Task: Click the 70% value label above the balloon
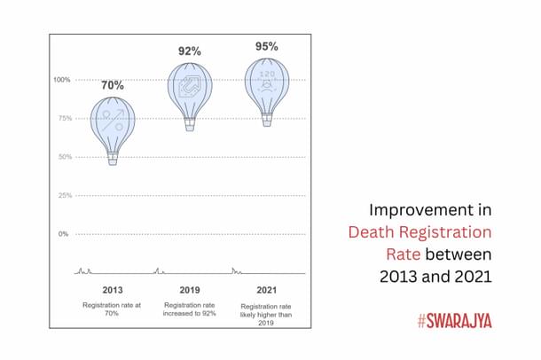[112, 86]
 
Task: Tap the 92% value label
[190, 51]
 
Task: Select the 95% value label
[267, 46]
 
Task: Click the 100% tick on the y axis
[61, 80]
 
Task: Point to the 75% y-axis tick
[63, 119]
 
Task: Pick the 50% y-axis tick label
[63, 157]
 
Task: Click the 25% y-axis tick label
[63, 195]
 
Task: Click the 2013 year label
[113, 290]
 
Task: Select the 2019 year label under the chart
[190, 290]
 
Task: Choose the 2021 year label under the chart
[267, 290]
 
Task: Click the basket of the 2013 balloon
[113, 159]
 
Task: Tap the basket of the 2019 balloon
[190, 125]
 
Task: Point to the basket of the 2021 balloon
[267, 121]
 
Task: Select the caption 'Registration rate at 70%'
[113, 309]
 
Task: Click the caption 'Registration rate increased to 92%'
[190, 309]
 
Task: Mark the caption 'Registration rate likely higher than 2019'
[267, 314]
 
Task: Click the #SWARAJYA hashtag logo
[454, 320]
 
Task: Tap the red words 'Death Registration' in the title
[419, 233]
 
